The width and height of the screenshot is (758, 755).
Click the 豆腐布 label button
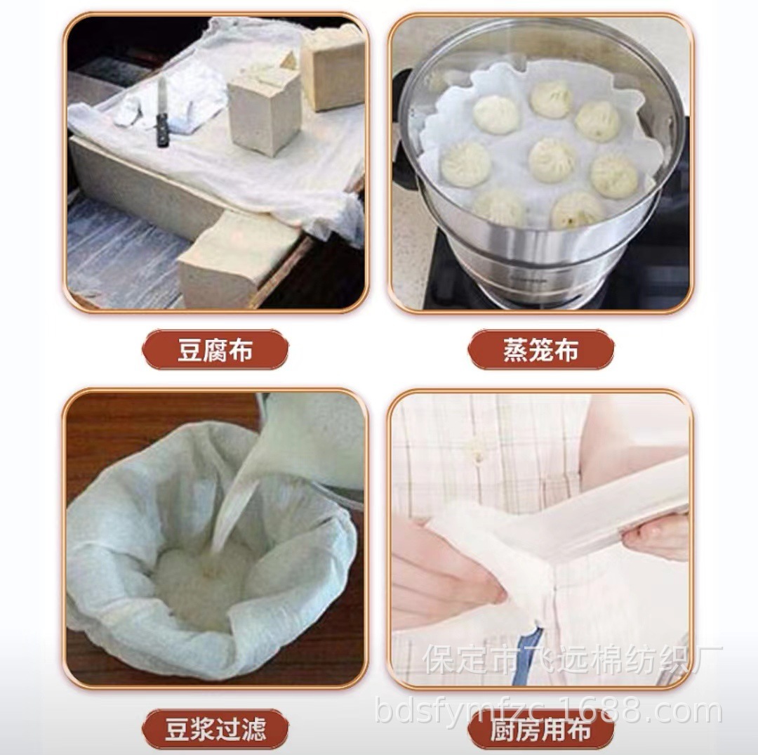[215, 350]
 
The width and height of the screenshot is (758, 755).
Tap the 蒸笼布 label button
[540, 350]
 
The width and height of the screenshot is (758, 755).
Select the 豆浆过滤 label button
[215, 729]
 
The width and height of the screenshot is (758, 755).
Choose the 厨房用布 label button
[540, 730]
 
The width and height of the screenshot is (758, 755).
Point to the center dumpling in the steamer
[551, 159]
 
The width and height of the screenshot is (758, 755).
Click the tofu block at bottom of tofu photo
[232, 260]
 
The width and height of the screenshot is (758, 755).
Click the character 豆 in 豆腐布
[189, 350]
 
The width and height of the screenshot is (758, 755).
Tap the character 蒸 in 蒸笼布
[516, 350]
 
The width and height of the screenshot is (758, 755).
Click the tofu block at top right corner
[333, 67]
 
